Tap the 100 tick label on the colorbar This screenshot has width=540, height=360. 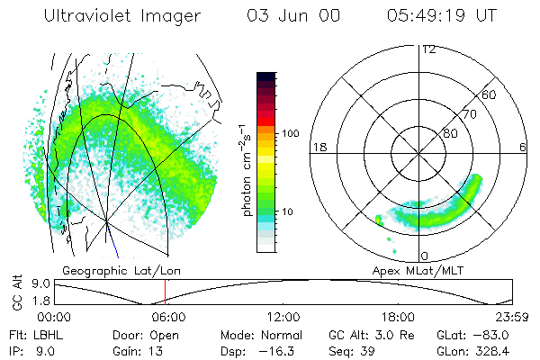291,133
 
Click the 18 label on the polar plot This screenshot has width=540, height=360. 318,147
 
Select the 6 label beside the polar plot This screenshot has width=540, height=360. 523,147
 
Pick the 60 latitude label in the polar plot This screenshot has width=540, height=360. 490,94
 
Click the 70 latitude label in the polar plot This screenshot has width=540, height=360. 469,114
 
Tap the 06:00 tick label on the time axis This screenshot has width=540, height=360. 168,317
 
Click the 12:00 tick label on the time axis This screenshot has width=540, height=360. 283,317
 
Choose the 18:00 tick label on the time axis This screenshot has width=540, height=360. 398,317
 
